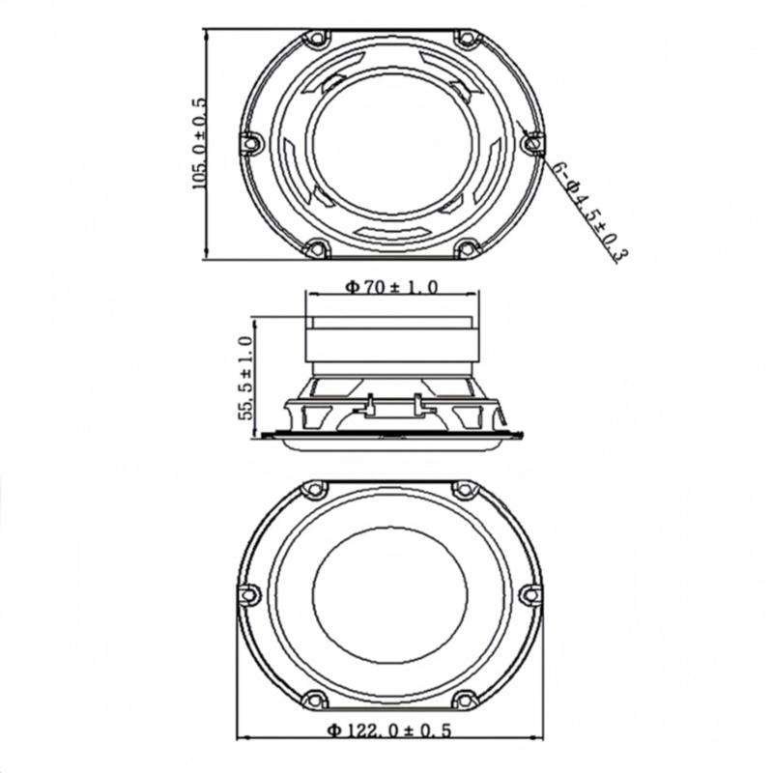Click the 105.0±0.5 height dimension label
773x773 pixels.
point(200,142)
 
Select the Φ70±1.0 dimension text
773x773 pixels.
point(391,286)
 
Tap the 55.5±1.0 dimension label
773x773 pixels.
point(245,376)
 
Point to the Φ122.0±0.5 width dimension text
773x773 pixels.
point(389,730)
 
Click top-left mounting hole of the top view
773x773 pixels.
point(314,40)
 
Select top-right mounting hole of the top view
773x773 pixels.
point(467,40)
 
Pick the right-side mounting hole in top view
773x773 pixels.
point(530,143)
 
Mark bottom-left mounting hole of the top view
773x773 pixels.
point(314,248)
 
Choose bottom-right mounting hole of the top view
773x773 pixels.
point(467,248)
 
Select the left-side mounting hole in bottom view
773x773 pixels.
point(249,593)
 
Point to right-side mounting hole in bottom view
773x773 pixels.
point(530,593)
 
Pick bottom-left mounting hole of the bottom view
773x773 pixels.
point(312,699)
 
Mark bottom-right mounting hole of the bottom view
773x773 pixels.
point(468,699)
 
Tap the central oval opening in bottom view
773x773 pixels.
point(391,593)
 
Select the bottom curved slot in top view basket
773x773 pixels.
point(391,233)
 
